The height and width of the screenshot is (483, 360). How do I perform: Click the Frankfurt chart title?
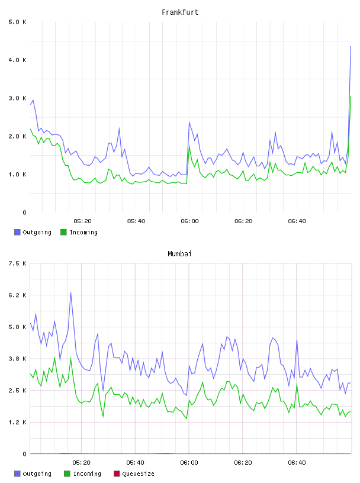click(x=180, y=12)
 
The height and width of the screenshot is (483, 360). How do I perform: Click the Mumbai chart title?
click(x=179, y=254)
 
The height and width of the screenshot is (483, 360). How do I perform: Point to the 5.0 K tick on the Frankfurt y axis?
click(x=17, y=22)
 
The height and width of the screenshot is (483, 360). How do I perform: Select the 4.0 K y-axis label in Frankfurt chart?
click(x=17, y=60)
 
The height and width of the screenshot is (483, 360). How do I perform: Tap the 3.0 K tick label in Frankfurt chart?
click(x=17, y=98)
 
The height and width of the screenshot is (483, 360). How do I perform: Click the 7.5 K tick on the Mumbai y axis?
click(x=17, y=263)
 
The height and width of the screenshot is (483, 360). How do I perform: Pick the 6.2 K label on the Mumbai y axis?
click(x=17, y=295)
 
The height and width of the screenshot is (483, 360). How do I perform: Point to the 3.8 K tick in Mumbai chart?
click(x=17, y=359)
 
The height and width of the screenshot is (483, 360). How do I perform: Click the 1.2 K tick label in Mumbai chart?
click(x=17, y=422)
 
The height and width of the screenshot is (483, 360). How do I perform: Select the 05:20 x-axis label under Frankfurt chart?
click(x=82, y=221)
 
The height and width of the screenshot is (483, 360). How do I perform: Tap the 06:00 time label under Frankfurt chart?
click(x=189, y=221)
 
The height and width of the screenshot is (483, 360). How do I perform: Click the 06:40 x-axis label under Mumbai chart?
click(x=297, y=463)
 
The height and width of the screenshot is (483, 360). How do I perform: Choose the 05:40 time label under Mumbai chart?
click(x=136, y=463)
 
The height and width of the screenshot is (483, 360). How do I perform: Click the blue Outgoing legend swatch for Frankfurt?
click(x=17, y=232)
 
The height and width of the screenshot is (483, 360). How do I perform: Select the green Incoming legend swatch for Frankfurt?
click(x=63, y=232)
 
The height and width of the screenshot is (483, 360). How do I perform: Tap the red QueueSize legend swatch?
click(x=117, y=474)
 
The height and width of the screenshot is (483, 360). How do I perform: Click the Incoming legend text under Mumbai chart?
click(x=87, y=474)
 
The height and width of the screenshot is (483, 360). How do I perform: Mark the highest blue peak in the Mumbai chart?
click(x=70, y=292)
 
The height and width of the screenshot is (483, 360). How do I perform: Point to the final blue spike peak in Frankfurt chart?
click(x=351, y=46)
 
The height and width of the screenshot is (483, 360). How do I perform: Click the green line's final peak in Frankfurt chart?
click(x=351, y=96)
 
